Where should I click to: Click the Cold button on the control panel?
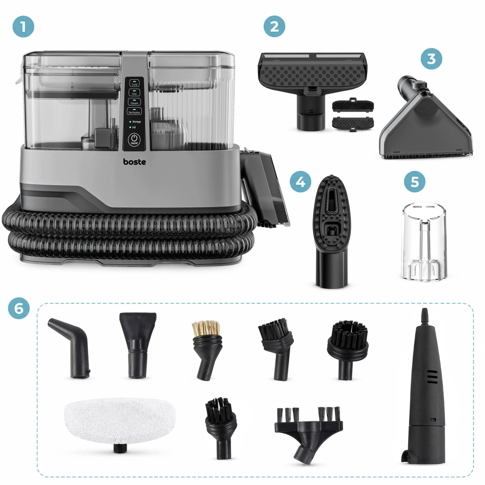click(x=134, y=83)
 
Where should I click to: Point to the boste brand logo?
click(x=134, y=162)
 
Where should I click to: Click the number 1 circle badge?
click(x=23, y=27)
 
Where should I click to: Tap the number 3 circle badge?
click(x=431, y=59)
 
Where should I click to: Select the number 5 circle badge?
click(x=414, y=182)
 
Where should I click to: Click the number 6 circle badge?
click(x=19, y=309)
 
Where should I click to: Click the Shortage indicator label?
click(x=136, y=122)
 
